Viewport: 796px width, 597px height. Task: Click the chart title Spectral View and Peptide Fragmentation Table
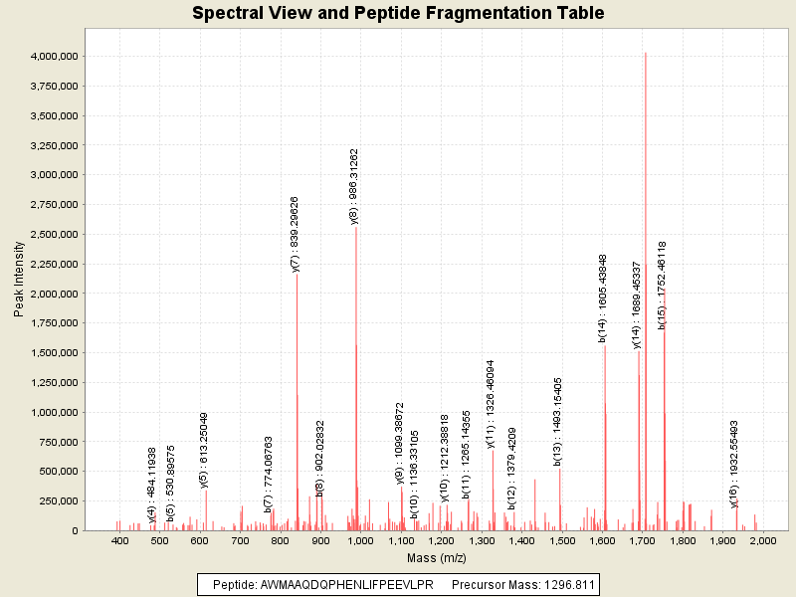pos(398,14)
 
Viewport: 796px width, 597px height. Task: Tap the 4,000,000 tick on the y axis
pos(54,57)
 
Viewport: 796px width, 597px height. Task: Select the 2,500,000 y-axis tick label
pos(54,235)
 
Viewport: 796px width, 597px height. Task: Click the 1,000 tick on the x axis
pos(361,539)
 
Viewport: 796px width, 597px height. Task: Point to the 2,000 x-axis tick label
pos(762,539)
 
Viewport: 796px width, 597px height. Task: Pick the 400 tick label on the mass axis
pos(120,539)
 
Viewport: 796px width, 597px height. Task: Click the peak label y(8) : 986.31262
pos(354,187)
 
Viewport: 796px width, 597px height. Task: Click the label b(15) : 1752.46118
pos(662,285)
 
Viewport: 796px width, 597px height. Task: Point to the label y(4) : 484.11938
pos(152,485)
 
